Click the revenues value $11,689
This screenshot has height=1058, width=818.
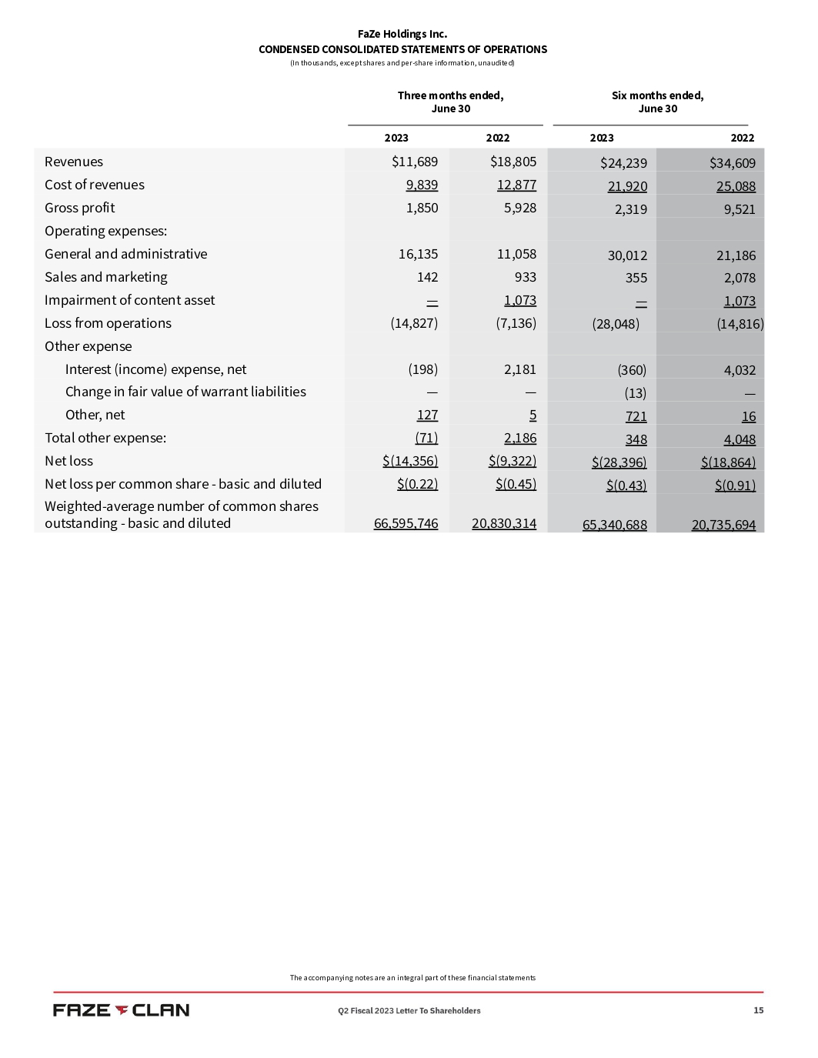pyautogui.click(x=414, y=162)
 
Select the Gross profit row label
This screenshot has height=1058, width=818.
pyautogui.click(x=79, y=208)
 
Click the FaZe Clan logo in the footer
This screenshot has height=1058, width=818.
pyautogui.click(x=121, y=1010)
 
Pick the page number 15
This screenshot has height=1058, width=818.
pyautogui.click(x=758, y=1010)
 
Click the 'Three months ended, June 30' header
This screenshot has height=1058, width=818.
pyautogui.click(x=450, y=102)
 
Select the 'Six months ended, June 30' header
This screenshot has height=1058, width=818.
pyautogui.click(x=657, y=102)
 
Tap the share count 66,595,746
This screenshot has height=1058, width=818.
pyautogui.click(x=406, y=523)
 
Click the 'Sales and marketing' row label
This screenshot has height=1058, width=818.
pyautogui.click(x=105, y=277)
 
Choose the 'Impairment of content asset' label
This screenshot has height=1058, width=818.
pyautogui.click(x=129, y=300)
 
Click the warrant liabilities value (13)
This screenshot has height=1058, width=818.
pyautogui.click(x=635, y=393)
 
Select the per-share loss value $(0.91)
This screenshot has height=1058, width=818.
pyautogui.click(x=735, y=486)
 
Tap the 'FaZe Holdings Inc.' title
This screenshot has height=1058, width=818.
pyautogui.click(x=402, y=34)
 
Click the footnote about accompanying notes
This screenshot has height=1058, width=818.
pyautogui.click(x=412, y=978)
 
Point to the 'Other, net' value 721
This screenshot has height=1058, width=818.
pyautogui.click(x=636, y=416)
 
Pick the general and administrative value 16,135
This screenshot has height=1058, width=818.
pyautogui.click(x=418, y=254)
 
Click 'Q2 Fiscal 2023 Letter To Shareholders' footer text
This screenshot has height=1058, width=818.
pyautogui.click(x=409, y=1010)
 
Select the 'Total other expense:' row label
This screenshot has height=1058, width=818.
pyautogui.click(x=105, y=438)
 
